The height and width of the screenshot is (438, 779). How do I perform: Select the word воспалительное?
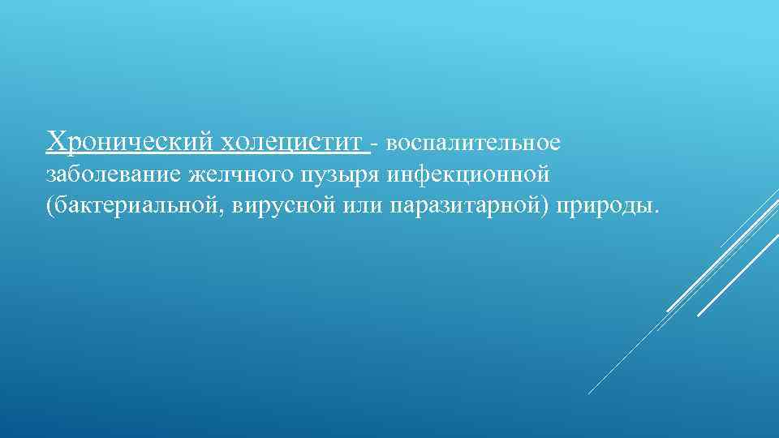pos(473,144)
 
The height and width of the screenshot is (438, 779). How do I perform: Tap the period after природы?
pos(657,210)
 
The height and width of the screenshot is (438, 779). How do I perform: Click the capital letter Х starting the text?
pos(56,142)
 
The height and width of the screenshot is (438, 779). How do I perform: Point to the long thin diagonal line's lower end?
pos(590,393)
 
